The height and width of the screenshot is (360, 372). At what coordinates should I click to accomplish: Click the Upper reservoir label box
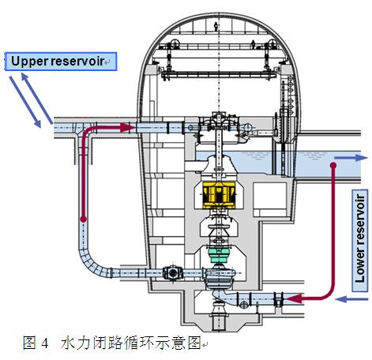(x=61, y=62)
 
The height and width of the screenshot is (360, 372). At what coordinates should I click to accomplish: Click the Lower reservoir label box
(x=360, y=240)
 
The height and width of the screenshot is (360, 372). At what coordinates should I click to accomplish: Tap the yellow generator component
(x=219, y=194)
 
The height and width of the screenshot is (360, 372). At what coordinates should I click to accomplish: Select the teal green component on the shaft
(x=219, y=255)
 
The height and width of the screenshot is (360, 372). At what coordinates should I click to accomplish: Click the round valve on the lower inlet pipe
(x=172, y=272)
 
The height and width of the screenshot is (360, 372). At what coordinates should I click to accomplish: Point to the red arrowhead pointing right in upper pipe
(x=128, y=128)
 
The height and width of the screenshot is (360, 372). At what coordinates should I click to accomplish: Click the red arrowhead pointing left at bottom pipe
(x=294, y=298)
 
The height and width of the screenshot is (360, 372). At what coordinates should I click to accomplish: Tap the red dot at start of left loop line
(x=83, y=219)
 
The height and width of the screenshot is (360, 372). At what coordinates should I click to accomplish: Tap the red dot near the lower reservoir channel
(x=333, y=165)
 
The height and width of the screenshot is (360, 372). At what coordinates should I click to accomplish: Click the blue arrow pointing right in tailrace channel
(x=351, y=158)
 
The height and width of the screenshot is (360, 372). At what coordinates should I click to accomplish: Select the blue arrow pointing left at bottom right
(x=351, y=299)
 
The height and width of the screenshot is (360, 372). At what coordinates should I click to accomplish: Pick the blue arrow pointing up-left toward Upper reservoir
(x=37, y=99)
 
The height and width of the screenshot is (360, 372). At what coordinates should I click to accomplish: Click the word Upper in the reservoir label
(x=29, y=62)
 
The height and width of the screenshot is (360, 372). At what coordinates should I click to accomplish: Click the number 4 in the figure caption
(x=45, y=343)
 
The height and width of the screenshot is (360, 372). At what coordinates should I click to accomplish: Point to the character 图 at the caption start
(x=29, y=343)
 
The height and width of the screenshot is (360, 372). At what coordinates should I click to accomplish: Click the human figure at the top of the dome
(x=216, y=26)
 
